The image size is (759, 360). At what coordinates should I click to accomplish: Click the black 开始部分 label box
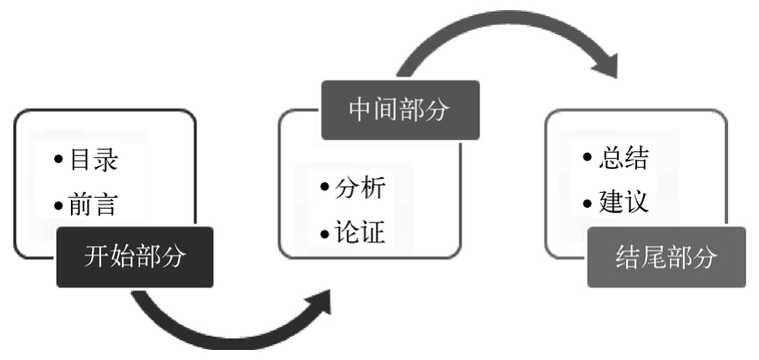pyautogui.click(x=134, y=257)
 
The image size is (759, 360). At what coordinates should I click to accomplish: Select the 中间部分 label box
pyautogui.click(x=400, y=109)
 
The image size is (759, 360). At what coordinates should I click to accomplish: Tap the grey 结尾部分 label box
pyautogui.click(x=665, y=257)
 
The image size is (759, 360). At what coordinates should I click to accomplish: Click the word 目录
pyautogui.click(x=93, y=160)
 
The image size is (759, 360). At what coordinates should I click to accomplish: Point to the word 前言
pyautogui.click(x=93, y=205)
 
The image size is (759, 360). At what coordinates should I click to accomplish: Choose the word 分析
pyautogui.click(x=361, y=188)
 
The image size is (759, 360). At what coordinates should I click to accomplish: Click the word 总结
pyautogui.click(x=623, y=158)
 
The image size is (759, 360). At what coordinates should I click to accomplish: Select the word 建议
pyautogui.click(x=623, y=202)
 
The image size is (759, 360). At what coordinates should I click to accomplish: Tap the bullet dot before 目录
pyautogui.click(x=58, y=160)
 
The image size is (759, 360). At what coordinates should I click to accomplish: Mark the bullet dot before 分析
pyautogui.click(x=325, y=189)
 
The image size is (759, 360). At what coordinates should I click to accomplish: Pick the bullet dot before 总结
pyautogui.click(x=588, y=159)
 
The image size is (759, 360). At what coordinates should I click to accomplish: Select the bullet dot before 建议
pyautogui.click(x=588, y=203)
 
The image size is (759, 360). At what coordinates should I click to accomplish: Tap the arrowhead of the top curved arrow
pyautogui.click(x=608, y=64)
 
